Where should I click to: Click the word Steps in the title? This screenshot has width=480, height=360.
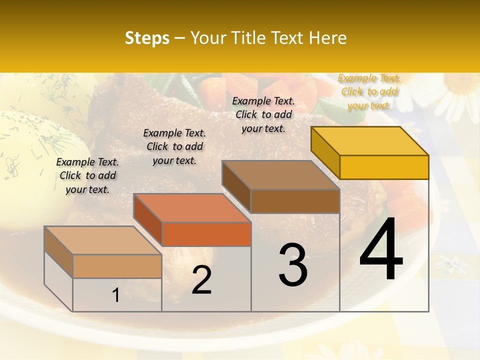pyautogui.click(x=146, y=38)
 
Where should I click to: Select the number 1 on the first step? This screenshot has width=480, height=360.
pyautogui.click(x=116, y=295)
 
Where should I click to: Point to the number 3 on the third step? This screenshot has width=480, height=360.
pyautogui.click(x=292, y=265)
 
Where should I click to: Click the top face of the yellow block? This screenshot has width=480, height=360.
pyautogui.click(x=370, y=141)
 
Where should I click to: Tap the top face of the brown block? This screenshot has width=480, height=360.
pyautogui.click(x=281, y=175)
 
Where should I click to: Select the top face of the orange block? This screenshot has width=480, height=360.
pyautogui.click(x=192, y=207)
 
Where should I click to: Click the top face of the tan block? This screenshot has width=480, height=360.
pyautogui.click(x=103, y=240)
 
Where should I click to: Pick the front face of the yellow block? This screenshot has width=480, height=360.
pyautogui.click(x=384, y=167)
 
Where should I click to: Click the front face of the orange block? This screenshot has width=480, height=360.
pyautogui.click(x=206, y=234)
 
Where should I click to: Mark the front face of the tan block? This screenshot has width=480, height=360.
pyautogui.click(x=117, y=266)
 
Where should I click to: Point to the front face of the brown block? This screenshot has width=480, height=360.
pyautogui.click(x=295, y=201)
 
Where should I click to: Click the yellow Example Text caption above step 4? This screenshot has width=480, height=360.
pyautogui.click(x=369, y=91)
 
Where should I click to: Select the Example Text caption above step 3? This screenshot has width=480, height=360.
pyautogui.click(x=263, y=114)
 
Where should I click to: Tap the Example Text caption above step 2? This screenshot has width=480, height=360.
pyautogui.click(x=174, y=146)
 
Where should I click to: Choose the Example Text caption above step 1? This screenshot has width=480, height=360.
pyautogui.click(x=87, y=175)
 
